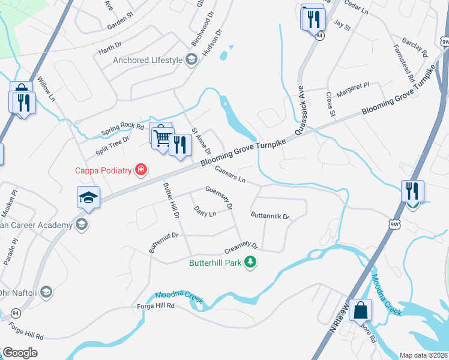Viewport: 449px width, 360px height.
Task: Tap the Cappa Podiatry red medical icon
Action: [x=141, y=170]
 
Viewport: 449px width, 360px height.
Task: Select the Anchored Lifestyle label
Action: [x=148, y=60]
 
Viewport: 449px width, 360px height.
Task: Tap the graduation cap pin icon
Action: [x=88, y=198]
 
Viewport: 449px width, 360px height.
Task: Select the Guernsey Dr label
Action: [x=218, y=197]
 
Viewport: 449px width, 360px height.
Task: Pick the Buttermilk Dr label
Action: [x=270, y=215]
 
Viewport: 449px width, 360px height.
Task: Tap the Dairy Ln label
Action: [x=205, y=211]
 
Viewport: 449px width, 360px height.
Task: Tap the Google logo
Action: [x=20, y=353]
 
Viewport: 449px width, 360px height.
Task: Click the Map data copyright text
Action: [x=424, y=355]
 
